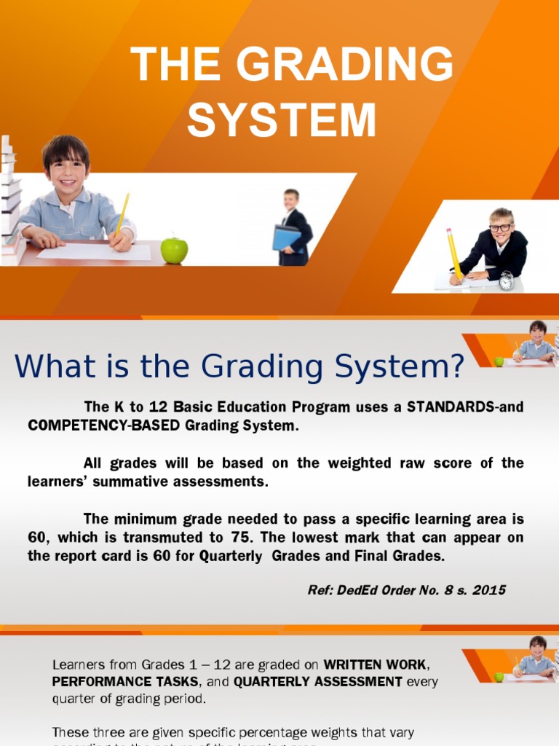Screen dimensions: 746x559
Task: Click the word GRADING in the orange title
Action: pos(345,65)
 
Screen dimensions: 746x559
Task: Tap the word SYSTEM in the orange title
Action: pos(282,120)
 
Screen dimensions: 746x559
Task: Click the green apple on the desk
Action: pos(174,250)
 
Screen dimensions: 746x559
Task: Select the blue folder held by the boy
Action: pos(287,238)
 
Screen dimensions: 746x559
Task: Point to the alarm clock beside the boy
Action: pos(506,281)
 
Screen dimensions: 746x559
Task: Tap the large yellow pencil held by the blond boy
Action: pos(453,252)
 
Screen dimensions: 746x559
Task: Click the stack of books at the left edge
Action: pos(9,200)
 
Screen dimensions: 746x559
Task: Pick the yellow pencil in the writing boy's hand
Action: pos(123,213)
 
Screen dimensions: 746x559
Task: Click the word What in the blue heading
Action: pos(52,366)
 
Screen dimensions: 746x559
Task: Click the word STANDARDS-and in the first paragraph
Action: pos(465,407)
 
